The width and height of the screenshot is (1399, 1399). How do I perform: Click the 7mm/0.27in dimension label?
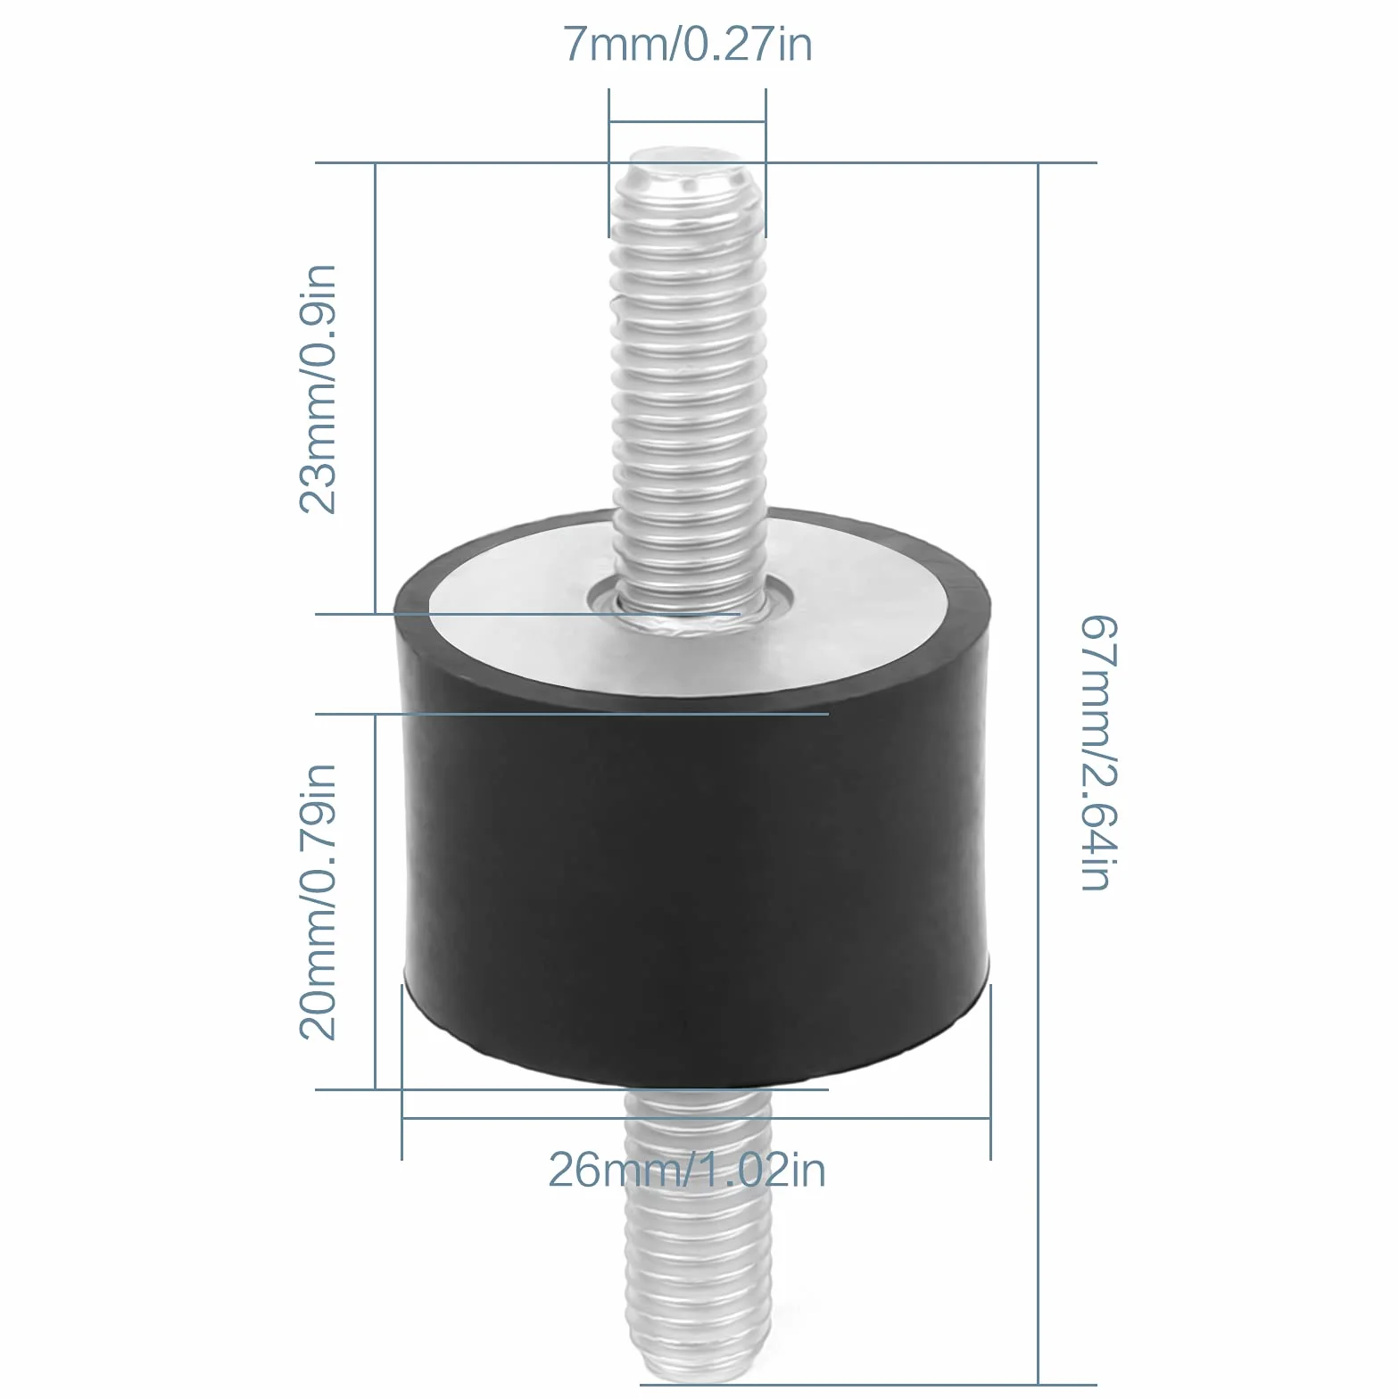pos(687,44)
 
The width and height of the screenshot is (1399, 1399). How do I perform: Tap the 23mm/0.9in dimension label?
pos(318,389)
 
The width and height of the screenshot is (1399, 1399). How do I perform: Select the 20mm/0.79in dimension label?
pos(318,901)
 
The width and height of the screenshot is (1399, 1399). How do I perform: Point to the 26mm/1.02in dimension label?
pos(687,1170)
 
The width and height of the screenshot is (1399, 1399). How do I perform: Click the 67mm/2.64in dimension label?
pos(1098,752)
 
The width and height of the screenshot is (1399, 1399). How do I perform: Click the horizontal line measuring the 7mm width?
pos(687,121)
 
